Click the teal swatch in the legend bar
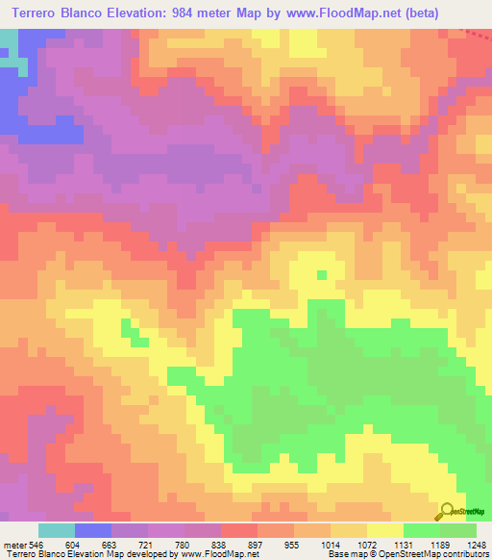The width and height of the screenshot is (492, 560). tap(57, 530)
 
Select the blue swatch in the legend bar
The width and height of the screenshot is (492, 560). tap(93, 530)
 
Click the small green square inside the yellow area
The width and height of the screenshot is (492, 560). tap(321, 274)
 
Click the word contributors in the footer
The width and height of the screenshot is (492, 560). tap(464, 554)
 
